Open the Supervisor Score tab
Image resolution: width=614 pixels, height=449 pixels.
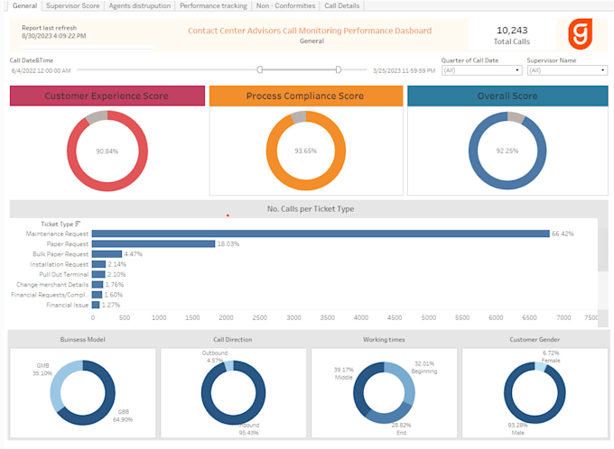click(x=72, y=5)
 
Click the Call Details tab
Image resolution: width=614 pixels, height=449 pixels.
click(x=342, y=5)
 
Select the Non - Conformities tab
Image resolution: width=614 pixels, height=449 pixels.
click(x=285, y=5)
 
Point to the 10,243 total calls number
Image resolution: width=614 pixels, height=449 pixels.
click(x=512, y=30)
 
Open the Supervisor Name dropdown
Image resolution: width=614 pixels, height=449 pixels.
click(x=567, y=70)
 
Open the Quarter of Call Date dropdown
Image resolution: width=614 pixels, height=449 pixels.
click(x=481, y=70)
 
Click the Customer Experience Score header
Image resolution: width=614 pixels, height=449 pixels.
click(x=107, y=96)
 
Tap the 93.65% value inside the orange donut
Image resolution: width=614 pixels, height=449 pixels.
click(x=305, y=151)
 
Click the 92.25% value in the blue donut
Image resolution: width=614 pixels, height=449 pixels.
click(x=507, y=151)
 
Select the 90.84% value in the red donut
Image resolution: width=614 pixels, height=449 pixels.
click(x=107, y=151)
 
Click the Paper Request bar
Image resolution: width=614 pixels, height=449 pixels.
click(x=153, y=243)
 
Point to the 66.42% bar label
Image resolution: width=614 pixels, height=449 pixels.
click(x=563, y=234)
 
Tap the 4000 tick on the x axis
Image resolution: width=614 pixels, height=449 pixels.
click(x=360, y=318)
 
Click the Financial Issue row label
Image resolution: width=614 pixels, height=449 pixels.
click(x=68, y=306)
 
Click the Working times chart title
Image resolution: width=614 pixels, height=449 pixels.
click(x=384, y=340)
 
